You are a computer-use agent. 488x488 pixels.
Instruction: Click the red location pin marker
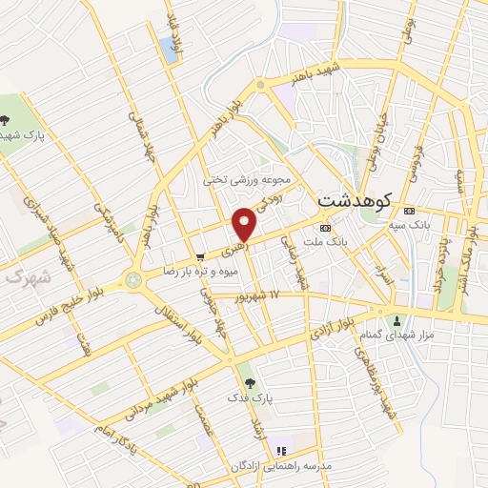(x=246, y=223)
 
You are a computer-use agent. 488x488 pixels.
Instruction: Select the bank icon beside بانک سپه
(x=409, y=210)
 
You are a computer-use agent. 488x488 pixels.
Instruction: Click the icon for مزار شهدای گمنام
(x=396, y=319)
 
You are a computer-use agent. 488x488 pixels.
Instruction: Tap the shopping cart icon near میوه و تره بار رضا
(x=199, y=256)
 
